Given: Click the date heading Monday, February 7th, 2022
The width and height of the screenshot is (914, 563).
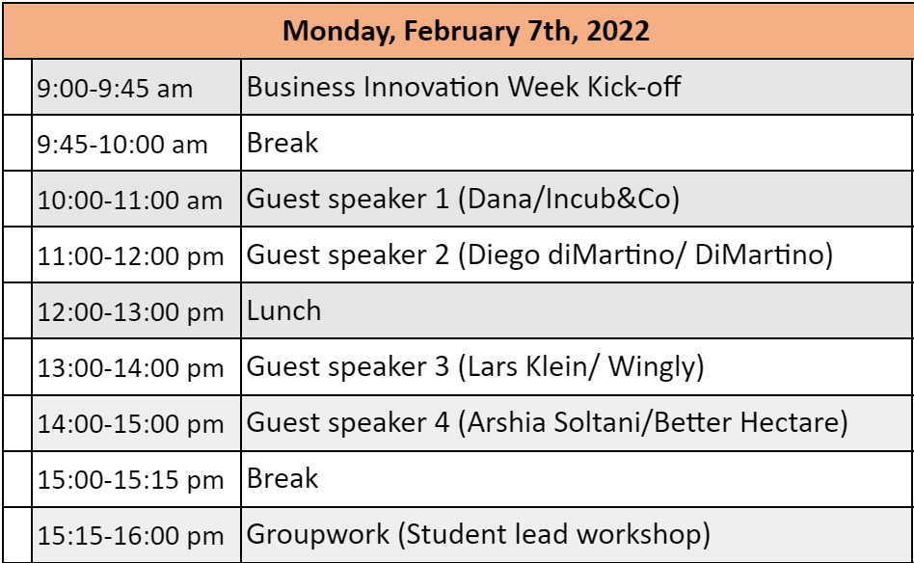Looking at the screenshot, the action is click(x=466, y=30).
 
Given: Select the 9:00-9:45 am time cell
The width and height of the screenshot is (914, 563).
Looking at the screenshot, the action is click(x=115, y=89).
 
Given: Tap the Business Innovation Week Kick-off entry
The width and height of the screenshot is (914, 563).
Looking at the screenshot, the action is click(x=464, y=87).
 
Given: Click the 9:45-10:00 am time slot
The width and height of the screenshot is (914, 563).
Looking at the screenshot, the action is click(x=122, y=145).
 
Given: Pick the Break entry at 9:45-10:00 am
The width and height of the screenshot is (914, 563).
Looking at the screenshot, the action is click(x=282, y=143).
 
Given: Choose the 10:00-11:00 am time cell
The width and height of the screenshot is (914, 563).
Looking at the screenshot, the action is click(x=130, y=201).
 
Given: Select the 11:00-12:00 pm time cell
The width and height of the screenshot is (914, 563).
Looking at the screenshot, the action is click(x=130, y=256).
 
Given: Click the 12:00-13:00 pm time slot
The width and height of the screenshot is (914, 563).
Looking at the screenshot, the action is click(x=130, y=312).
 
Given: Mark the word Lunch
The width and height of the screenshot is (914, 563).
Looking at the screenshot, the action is click(x=283, y=310).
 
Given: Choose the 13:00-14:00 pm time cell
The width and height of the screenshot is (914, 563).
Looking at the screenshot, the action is click(x=130, y=368).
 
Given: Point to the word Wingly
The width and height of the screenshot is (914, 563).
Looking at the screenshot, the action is click(x=652, y=367).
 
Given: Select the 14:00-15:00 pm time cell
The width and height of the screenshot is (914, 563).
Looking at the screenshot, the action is click(x=130, y=424).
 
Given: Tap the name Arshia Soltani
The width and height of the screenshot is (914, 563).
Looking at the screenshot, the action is click(x=553, y=422).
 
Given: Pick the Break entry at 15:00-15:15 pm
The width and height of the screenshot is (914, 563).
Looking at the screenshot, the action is click(x=282, y=478).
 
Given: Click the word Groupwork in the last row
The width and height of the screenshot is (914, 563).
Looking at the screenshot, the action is click(x=318, y=535).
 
